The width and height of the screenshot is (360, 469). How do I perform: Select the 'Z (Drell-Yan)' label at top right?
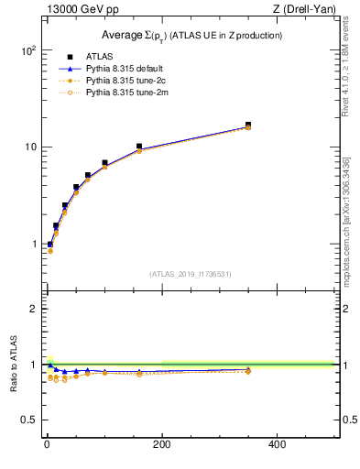(304, 10)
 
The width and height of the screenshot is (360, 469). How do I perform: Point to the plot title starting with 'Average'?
(191, 35)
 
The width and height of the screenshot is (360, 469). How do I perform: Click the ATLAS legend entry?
(98, 57)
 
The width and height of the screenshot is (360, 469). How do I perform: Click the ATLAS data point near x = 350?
(247, 125)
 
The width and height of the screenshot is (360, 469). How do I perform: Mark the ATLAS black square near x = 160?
(139, 147)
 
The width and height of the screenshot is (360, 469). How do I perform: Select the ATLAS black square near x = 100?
(104, 163)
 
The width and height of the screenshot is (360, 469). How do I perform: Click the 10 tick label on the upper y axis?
(29, 147)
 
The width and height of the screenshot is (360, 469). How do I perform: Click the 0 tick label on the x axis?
(47, 443)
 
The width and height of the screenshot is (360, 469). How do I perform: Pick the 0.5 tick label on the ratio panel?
(28, 420)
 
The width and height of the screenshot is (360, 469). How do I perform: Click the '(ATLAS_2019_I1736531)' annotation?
(191, 274)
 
